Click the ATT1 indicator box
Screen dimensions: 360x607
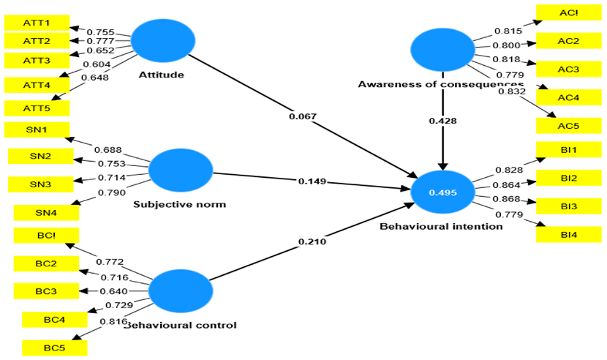[x=37, y=22]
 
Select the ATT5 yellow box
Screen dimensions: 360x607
[x=37, y=108]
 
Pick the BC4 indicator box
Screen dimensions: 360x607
[x=54, y=320]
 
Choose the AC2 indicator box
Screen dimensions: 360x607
[x=568, y=41]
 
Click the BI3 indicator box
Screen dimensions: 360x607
[x=568, y=207]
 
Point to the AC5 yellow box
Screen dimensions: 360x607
[x=568, y=125]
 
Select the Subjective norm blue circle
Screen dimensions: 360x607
[x=180, y=171]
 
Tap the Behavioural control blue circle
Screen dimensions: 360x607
[x=181, y=291]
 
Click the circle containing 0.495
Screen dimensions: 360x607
[x=442, y=192]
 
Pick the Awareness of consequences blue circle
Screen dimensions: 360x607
[x=442, y=51]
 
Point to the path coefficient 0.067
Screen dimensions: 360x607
[x=303, y=116]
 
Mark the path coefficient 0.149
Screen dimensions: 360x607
[x=312, y=181]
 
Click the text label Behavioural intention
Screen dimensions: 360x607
[x=441, y=227]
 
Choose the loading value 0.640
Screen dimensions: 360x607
[x=114, y=291]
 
